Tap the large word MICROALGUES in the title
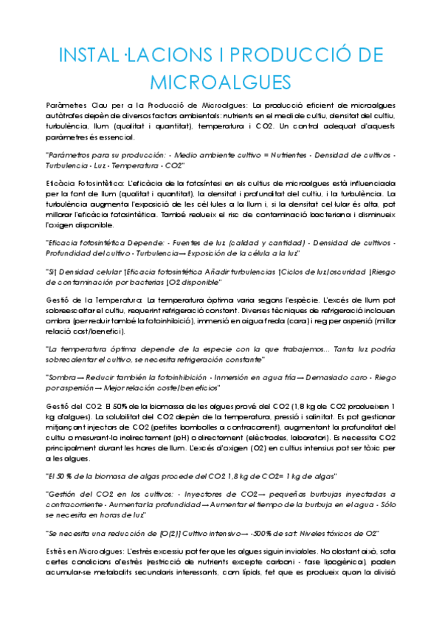pyautogui.click(x=221, y=81)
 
